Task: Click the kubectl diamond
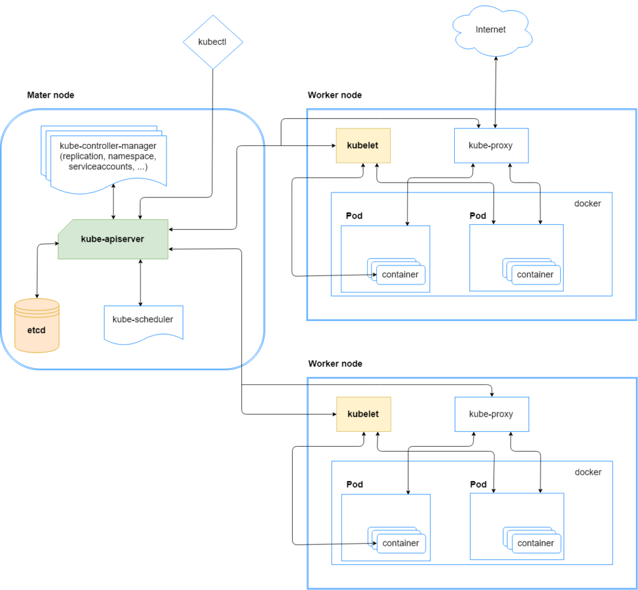[213, 42]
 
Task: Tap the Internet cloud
[492, 31]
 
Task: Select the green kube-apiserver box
[113, 239]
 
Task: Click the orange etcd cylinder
[37, 325]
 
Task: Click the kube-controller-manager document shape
[104, 159]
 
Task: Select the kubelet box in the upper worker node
[363, 146]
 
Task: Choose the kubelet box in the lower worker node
[363, 414]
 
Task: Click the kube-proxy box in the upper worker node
[491, 146]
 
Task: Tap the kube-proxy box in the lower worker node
[492, 414]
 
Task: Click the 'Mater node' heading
[50, 95]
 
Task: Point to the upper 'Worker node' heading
[335, 95]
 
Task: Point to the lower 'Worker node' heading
[335, 364]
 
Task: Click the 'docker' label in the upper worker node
[588, 204]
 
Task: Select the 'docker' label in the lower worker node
[588, 472]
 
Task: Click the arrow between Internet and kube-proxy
[495, 92]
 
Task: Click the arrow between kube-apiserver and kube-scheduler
[140, 282]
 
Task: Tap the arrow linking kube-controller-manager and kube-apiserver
[113, 201]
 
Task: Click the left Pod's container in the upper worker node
[401, 275]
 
